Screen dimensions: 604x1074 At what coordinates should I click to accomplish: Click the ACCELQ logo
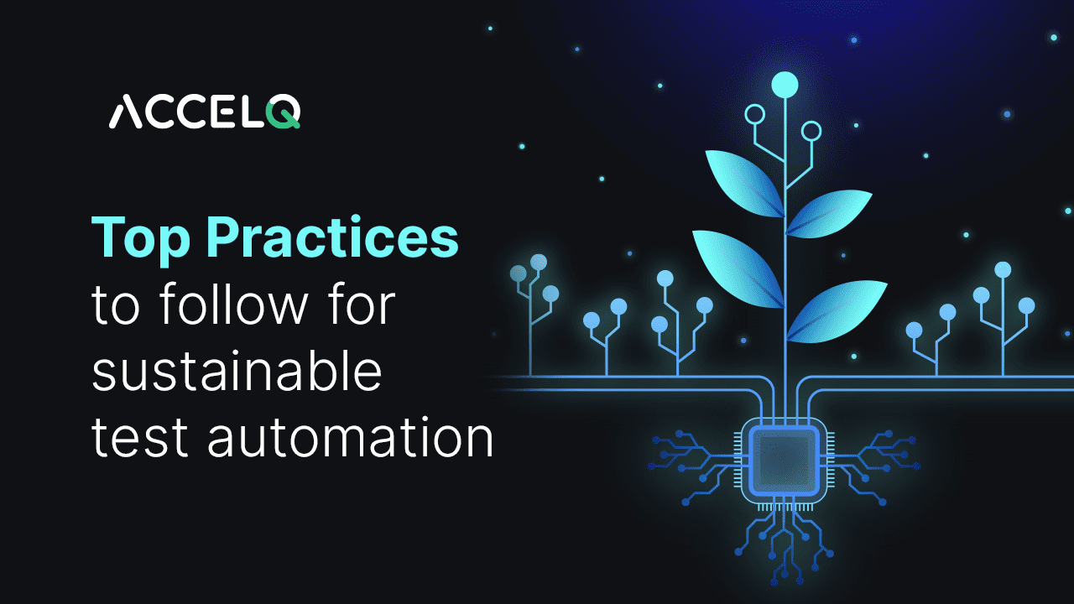pyautogui.click(x=205, y=112)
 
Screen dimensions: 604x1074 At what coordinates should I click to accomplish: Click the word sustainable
pyautogui.click(x=237, y=372)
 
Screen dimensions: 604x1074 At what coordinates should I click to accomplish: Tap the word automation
pyautogui.click(x=351, y=439)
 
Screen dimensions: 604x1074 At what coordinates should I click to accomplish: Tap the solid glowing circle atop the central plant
pyautogui.click(x=785, y=84)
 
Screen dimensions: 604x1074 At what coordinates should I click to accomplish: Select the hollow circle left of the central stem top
pyautogui.click(x=755, y=114)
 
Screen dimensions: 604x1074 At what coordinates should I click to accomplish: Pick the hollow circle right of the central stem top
pyautogui.click(x=811, y=131)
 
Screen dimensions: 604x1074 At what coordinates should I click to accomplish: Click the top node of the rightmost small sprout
pyautogui.click(x=1003, y=269)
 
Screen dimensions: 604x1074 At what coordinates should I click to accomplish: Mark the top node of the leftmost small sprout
pyautogui.click(x=539, y=262)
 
